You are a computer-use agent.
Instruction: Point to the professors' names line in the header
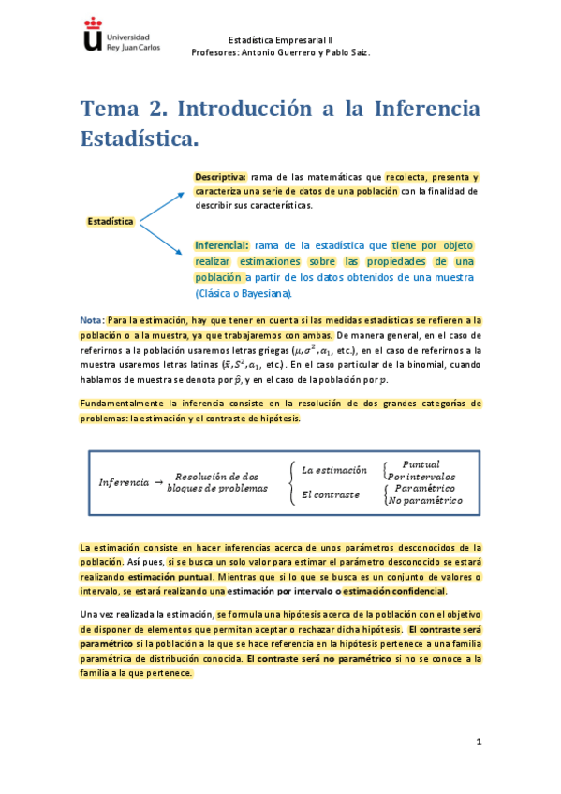[x=280, y=52]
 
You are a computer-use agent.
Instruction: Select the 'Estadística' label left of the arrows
[x=110, y=222]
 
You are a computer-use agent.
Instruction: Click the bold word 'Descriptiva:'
[x=220, y=177]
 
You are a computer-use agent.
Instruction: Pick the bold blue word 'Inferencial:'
[x=222, y=245]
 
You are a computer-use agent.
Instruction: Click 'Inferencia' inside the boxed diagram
[x=123, y=482]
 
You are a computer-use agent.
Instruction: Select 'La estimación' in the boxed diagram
[x=334, y=469]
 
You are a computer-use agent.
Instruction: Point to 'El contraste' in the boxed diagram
[x=330, y=493]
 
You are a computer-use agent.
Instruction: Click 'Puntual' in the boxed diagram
[x=421, y=464]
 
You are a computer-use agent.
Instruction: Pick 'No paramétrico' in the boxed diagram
[x=427, y=501]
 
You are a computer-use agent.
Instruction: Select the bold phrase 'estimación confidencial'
[x=394, y=592]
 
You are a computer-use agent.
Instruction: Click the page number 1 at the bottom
[x=478, y=743]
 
